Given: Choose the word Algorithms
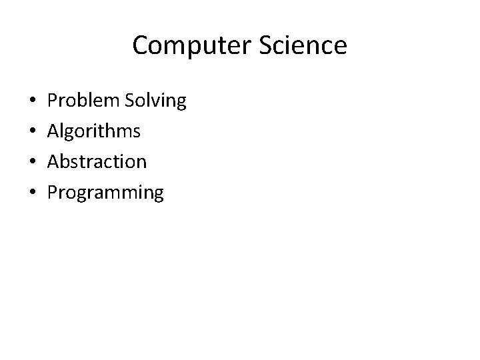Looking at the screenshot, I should (94, 131).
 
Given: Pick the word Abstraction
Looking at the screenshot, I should (97, 162).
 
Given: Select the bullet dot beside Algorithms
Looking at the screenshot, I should (33, 132).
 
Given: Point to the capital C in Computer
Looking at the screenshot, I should (140, 46).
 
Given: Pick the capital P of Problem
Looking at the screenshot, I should (53, 101).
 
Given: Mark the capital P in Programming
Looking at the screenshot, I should (53, 193).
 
